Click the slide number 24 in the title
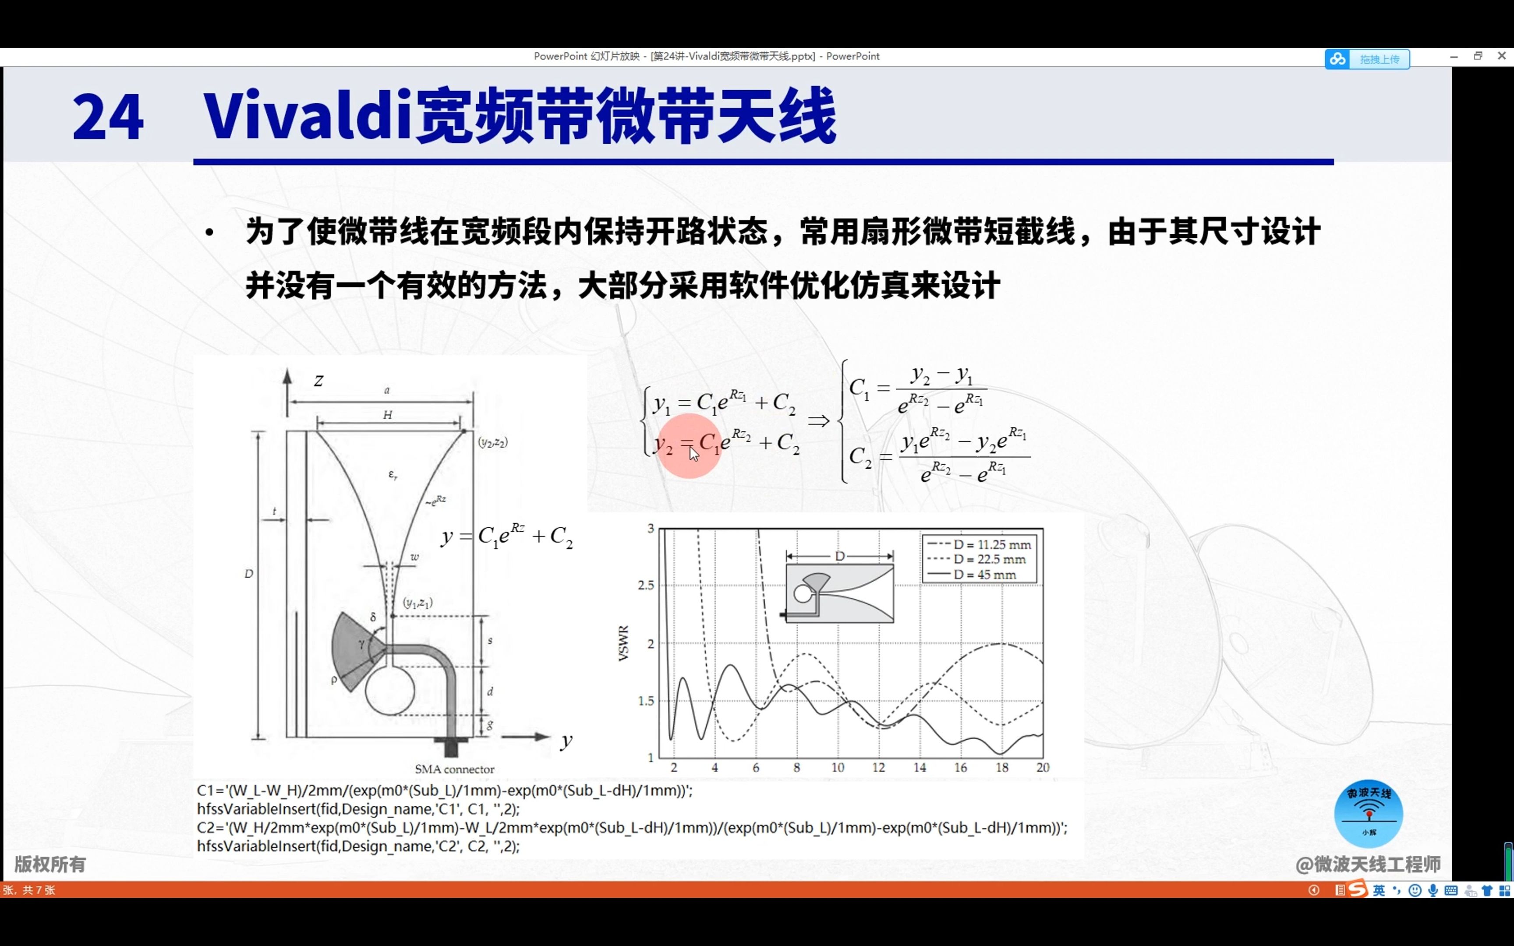[108, 117]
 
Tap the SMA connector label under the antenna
[454, 769]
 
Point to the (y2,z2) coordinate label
[493, 442]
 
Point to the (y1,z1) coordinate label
[418, 603]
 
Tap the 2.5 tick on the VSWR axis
[646, 585]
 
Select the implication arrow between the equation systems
[818, 420]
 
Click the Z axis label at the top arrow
[318, 381]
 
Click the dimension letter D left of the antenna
[248, 574]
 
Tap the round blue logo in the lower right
[1368, 813]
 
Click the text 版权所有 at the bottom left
[50, 864]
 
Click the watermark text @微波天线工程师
[1368, 864]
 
